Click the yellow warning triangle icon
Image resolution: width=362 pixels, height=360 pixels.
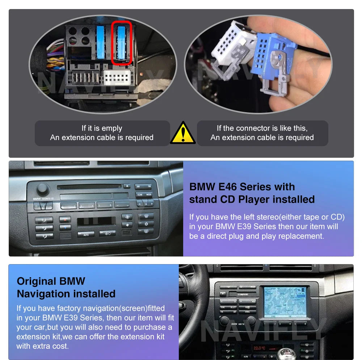(183, 133)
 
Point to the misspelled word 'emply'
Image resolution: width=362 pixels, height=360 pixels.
(113, 128)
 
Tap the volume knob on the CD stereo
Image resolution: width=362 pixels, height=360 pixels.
(42, 189)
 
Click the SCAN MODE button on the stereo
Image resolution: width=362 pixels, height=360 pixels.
(144, 195)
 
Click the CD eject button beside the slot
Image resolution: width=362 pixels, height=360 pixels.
(126, 186)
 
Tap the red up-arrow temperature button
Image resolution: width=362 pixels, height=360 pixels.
(65, 219)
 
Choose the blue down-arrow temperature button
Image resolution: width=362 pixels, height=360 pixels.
(65, 227)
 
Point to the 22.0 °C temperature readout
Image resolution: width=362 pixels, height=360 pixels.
(259, 348)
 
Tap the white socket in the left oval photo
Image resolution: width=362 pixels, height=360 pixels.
(117, 77)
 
